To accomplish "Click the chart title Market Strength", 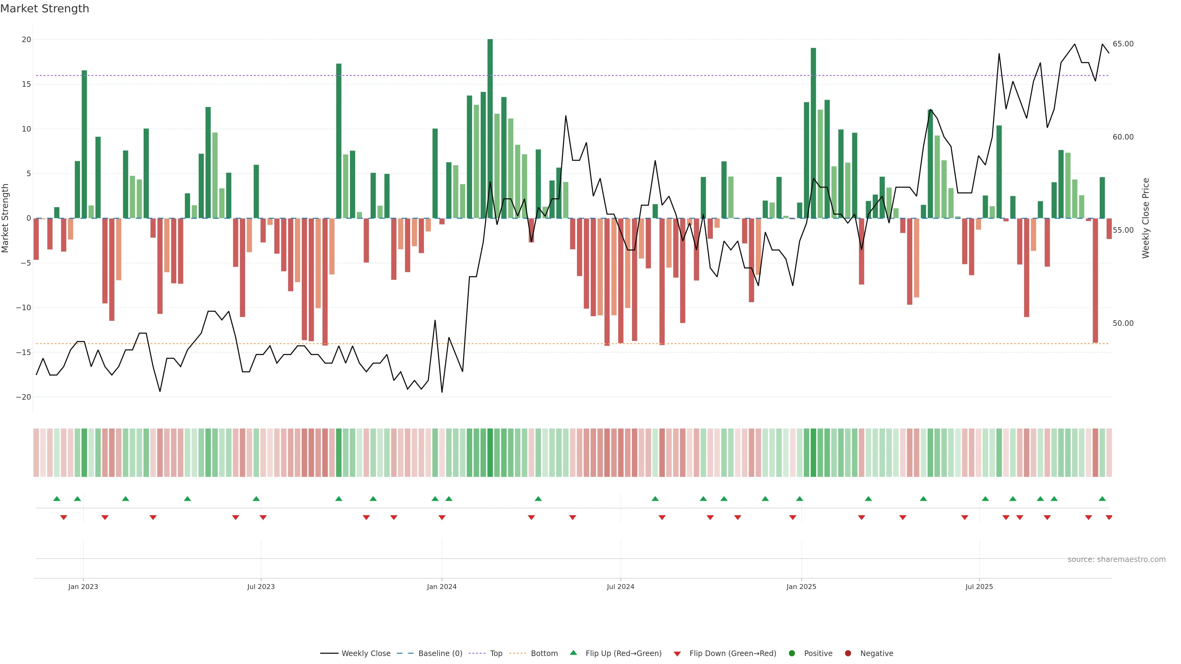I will pyautogui.click(x=45, y=9).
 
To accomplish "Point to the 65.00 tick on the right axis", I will pyautogui.click(x=1123, y=44).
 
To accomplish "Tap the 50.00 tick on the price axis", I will pyautogui.click(x=1123, y=323).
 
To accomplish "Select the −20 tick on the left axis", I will pyautogui.click(x=23, y=397).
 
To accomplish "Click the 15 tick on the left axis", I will pyautogui.click(x=26, y=84).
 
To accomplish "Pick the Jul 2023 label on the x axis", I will pyautogui.click(x=261, y=587).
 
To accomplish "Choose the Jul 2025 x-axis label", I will pyautogui.click(x=979, y=587).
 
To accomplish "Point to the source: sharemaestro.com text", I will pyautogui.click(x=1116, y=559).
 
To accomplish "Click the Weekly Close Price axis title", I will pyautogui.click(x=1146, y=218).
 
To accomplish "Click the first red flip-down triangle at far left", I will pyautogui.click(x=64, y=517).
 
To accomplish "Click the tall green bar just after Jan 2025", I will pyautogui.click(x=813, y=133).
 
